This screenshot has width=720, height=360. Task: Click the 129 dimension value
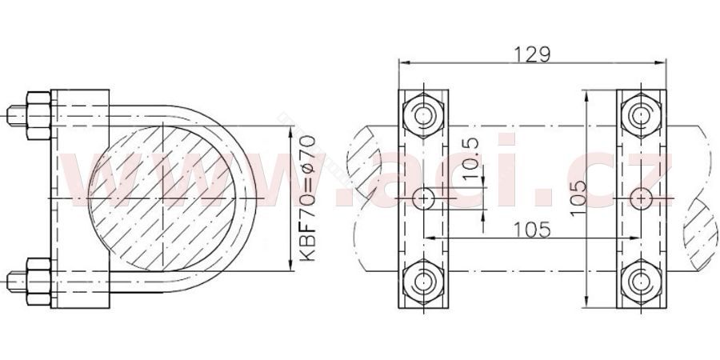pos(532,54)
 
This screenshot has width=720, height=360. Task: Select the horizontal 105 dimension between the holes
pos(532,230)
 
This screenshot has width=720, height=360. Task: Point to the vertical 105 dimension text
pos(578,198)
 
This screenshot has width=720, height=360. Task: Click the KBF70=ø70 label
pos(307,198)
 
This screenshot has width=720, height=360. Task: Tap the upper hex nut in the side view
pos(38,115)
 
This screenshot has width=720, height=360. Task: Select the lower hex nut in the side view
pos(38,282)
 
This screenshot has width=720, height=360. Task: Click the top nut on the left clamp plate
pos(423,115)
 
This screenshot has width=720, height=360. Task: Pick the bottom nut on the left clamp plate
pos(423,282)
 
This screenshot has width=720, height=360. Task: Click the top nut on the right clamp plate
pos(641,115)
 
